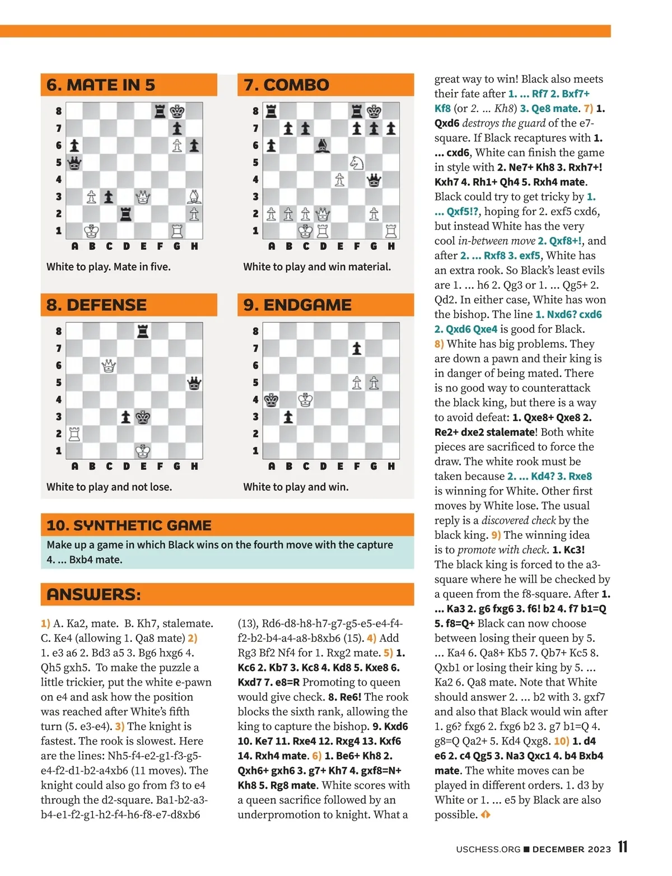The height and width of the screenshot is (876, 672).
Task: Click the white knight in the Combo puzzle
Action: (357, 162)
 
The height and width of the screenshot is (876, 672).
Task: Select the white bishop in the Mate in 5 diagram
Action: (194, 197)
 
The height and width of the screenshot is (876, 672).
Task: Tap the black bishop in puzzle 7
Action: (323, 146)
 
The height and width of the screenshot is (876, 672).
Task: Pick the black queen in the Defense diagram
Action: (194, 383)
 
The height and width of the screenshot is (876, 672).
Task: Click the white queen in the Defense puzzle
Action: (109, 366)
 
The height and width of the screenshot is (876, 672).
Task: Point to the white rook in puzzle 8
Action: (74, 434)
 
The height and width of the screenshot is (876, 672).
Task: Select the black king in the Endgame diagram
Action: (272, 400)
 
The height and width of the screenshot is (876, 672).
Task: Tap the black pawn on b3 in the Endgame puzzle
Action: (288, 417)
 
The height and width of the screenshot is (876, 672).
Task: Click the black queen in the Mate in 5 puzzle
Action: (74, 163)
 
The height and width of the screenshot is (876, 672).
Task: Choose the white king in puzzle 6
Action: (91, 231)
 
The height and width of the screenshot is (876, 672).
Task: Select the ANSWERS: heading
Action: (94, 594)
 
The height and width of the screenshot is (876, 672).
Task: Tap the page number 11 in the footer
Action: (623, 847)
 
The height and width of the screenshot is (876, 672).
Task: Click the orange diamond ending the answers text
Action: (486, 814)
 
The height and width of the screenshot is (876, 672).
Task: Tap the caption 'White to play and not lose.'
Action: (109, 487)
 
